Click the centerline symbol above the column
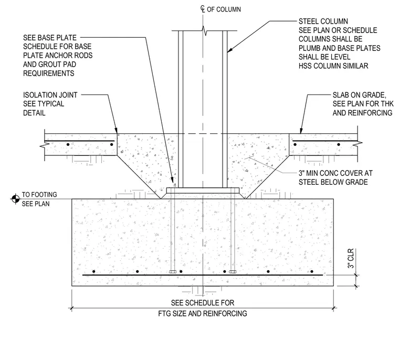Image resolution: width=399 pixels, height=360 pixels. (203, 9)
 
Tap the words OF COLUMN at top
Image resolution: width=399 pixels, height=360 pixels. (224, 9)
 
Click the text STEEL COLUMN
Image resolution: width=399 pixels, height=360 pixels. (323, 22)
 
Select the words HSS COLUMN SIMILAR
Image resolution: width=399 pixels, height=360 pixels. (333, 66)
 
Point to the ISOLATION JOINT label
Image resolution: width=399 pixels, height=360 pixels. (50, 95)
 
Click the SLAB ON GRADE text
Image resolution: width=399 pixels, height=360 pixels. (359, 95)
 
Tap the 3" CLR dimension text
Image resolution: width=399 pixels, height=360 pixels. (351, 259)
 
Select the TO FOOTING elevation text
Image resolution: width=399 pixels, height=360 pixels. (39, 195)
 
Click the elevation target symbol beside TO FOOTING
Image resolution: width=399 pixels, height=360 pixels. (16, 199)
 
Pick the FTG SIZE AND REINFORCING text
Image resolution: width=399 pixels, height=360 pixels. (203, 313)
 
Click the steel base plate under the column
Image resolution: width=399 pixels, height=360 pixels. (203, 190)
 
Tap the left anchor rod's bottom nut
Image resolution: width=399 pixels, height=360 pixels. (173, 272)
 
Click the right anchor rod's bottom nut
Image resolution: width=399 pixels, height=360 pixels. (233, 272)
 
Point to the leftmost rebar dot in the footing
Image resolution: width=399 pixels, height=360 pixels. (94, 272)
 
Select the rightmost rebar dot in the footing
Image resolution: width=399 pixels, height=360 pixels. (312, 272)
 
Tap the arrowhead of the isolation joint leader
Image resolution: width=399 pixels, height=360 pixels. (116, 130)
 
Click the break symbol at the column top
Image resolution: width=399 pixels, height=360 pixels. (204, 31)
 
